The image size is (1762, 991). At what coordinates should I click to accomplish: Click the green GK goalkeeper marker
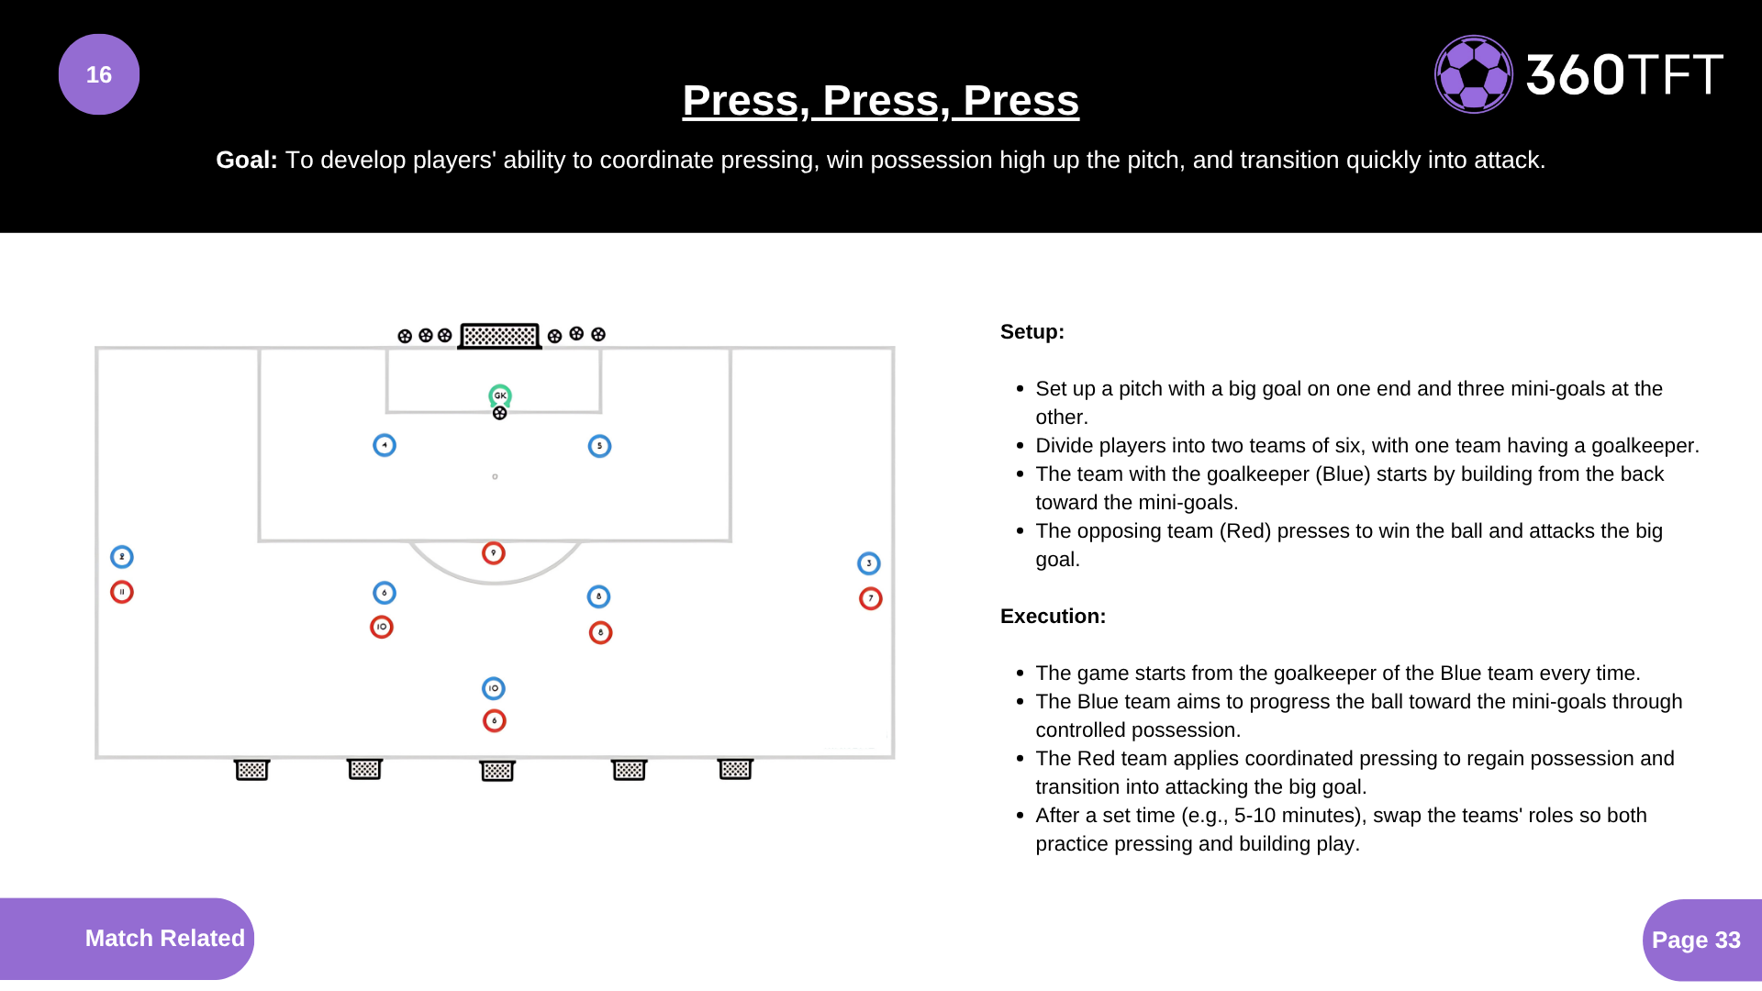coord(500,395)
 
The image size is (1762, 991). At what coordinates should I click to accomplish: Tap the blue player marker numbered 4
coord(385,445)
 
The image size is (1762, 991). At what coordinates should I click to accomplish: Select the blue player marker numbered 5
coord(599,446)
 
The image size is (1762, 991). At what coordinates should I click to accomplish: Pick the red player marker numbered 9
coord(494,552)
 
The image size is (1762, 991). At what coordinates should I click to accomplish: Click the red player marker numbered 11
coord(122,592)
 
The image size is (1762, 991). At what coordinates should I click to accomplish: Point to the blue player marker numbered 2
coord(122,557)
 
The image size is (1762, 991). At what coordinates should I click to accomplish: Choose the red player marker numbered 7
coord(870,598)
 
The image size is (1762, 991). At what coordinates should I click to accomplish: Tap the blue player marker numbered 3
coord(868,563)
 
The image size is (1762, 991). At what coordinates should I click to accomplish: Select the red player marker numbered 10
coord(382,627)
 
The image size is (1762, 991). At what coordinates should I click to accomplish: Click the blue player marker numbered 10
coord(494,688)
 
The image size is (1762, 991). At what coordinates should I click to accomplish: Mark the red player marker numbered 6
coord(495,720)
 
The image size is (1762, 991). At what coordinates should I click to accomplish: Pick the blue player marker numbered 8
coord(598,596)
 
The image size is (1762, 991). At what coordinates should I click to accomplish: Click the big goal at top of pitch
coord(499,336)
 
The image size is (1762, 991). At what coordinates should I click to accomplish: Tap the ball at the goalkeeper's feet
coord(500,414)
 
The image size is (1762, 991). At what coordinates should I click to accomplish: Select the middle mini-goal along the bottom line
coord(497,770)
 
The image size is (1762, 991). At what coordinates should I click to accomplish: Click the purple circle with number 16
coord(99,74)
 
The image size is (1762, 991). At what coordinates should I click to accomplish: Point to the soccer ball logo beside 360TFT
coord(1473,74)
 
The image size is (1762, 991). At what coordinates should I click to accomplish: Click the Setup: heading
coord(1032,332)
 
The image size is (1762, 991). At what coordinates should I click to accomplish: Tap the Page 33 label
coord(1696,940)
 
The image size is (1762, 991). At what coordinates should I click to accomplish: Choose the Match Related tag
coord(164,938)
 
